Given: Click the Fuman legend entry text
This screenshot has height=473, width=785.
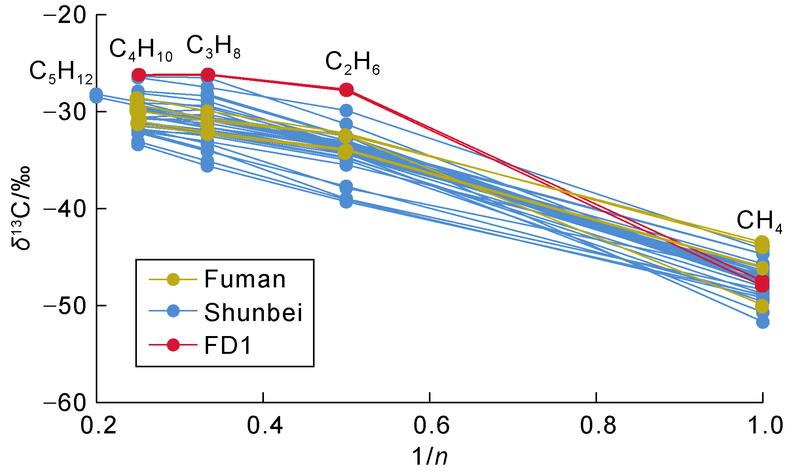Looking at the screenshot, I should pyautogui.click(x=245, y=279).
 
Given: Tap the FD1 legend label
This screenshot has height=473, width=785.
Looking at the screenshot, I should pyautogui.click(x=228, y=345).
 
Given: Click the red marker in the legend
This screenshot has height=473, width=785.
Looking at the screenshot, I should pyautogui.click(x=173, y=345).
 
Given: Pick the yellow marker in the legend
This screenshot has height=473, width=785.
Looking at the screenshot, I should pyautogui.click(x=173, y=279).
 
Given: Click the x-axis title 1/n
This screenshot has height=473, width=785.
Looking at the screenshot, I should pyautogui.click(x=430, y=456).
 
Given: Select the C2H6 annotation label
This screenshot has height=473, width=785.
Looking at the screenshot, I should pyautogui.click(x=352, y=63).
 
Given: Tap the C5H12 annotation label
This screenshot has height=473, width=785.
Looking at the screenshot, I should pyautogui.click(x=61, y=73).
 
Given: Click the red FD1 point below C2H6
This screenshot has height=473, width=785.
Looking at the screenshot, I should pyautogui.click(x=346, y=90).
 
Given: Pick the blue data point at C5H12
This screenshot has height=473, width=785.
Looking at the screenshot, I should pyautogui.click(x=96, y=95).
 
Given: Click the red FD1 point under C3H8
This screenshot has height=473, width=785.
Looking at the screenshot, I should pyautogui.click(x=208, y=75).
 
